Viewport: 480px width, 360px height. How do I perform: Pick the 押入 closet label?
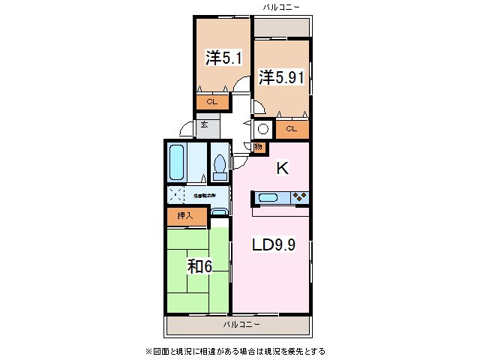184,216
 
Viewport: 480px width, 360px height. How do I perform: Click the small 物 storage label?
258,147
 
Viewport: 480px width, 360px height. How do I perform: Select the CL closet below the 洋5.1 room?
212,101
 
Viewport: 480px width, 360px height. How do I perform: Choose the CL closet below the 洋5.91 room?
292,129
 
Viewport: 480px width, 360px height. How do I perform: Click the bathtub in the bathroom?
178,162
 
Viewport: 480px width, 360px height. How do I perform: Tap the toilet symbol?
220,164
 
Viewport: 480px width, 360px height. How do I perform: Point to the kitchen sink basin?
268,198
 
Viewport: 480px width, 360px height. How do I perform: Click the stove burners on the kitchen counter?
299,198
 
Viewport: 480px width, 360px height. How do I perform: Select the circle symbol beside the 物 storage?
263,128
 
